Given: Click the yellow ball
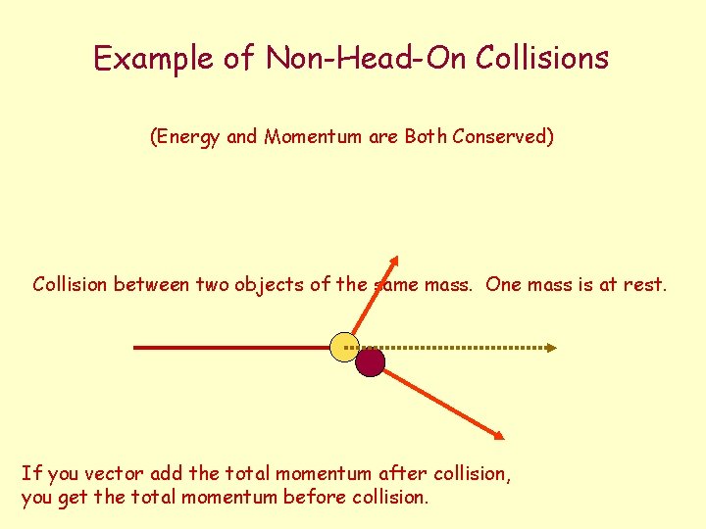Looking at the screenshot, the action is click(345, 347).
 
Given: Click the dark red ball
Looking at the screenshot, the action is click(370, 363).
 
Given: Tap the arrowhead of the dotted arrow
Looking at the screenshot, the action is click(551, 347).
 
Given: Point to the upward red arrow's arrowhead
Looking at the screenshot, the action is click(393, 264).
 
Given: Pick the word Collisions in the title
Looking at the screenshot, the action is click(542, 59).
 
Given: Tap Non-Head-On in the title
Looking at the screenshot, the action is click(368, 59).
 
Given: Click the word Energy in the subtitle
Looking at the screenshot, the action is click(187, 137).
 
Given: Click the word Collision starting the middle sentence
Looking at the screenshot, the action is click(71, 285).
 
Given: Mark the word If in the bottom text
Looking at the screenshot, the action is click(29, 474).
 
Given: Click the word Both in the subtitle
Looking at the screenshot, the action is click(426, 137).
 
